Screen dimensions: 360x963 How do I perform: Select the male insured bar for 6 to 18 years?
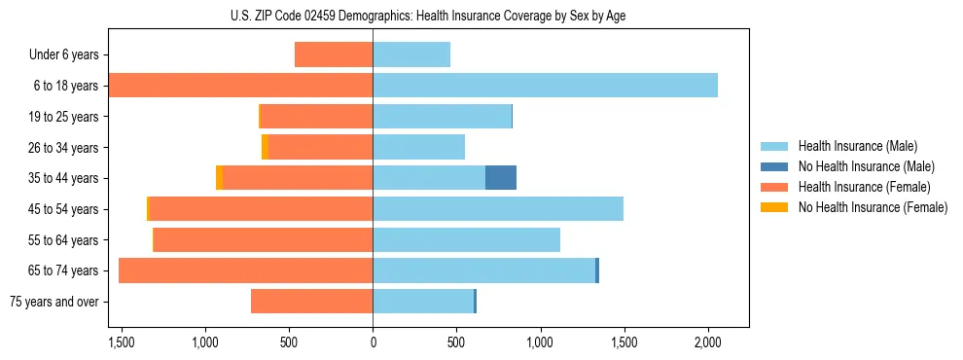pos(545,86)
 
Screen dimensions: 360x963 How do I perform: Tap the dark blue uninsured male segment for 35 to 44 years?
pos(501,178)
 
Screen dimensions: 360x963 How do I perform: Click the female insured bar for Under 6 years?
pos(334,54)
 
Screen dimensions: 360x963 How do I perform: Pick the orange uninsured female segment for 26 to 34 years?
pos(265,147)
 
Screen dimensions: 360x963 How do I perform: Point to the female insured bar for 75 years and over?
pos(311,302)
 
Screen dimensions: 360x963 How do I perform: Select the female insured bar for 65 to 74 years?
pos(245,270)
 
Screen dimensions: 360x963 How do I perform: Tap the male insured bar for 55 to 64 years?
pos(466,239)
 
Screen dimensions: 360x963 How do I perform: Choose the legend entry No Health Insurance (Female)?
pos(873,207)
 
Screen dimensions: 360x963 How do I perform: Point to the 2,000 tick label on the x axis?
pos(707,342)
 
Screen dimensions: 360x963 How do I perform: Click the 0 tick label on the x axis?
pos(373,342)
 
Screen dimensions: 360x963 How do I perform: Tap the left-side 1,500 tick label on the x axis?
pos(122,342)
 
